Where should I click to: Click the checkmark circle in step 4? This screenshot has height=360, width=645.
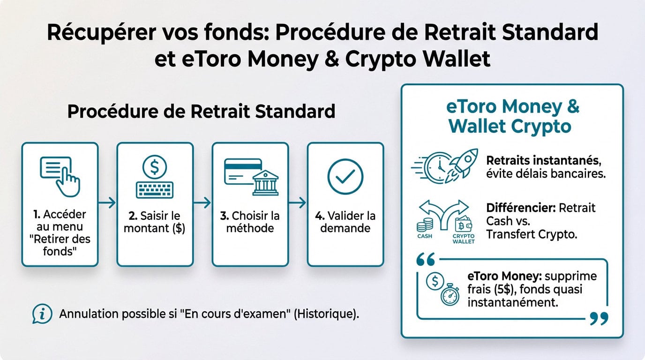click(345, 177)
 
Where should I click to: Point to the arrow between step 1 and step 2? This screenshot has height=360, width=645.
click(107, 202)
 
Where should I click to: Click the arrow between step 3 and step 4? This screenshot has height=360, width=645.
click(298, 202)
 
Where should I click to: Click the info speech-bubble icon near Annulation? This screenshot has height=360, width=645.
click(42, 314)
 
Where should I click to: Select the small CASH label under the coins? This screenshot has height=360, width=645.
click(424, 236)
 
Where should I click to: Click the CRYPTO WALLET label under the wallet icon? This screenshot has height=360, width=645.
click(464, 239)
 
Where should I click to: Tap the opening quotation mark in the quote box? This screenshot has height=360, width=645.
click(425, 259)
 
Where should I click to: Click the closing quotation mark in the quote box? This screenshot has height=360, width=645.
click(599, 319)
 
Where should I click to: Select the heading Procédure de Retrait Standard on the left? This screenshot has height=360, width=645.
click(201, 112)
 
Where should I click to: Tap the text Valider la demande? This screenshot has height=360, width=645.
click(345, 222)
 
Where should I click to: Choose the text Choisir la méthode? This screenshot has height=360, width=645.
click(250, 222)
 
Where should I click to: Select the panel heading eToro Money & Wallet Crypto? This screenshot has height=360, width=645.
click(512, 116)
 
